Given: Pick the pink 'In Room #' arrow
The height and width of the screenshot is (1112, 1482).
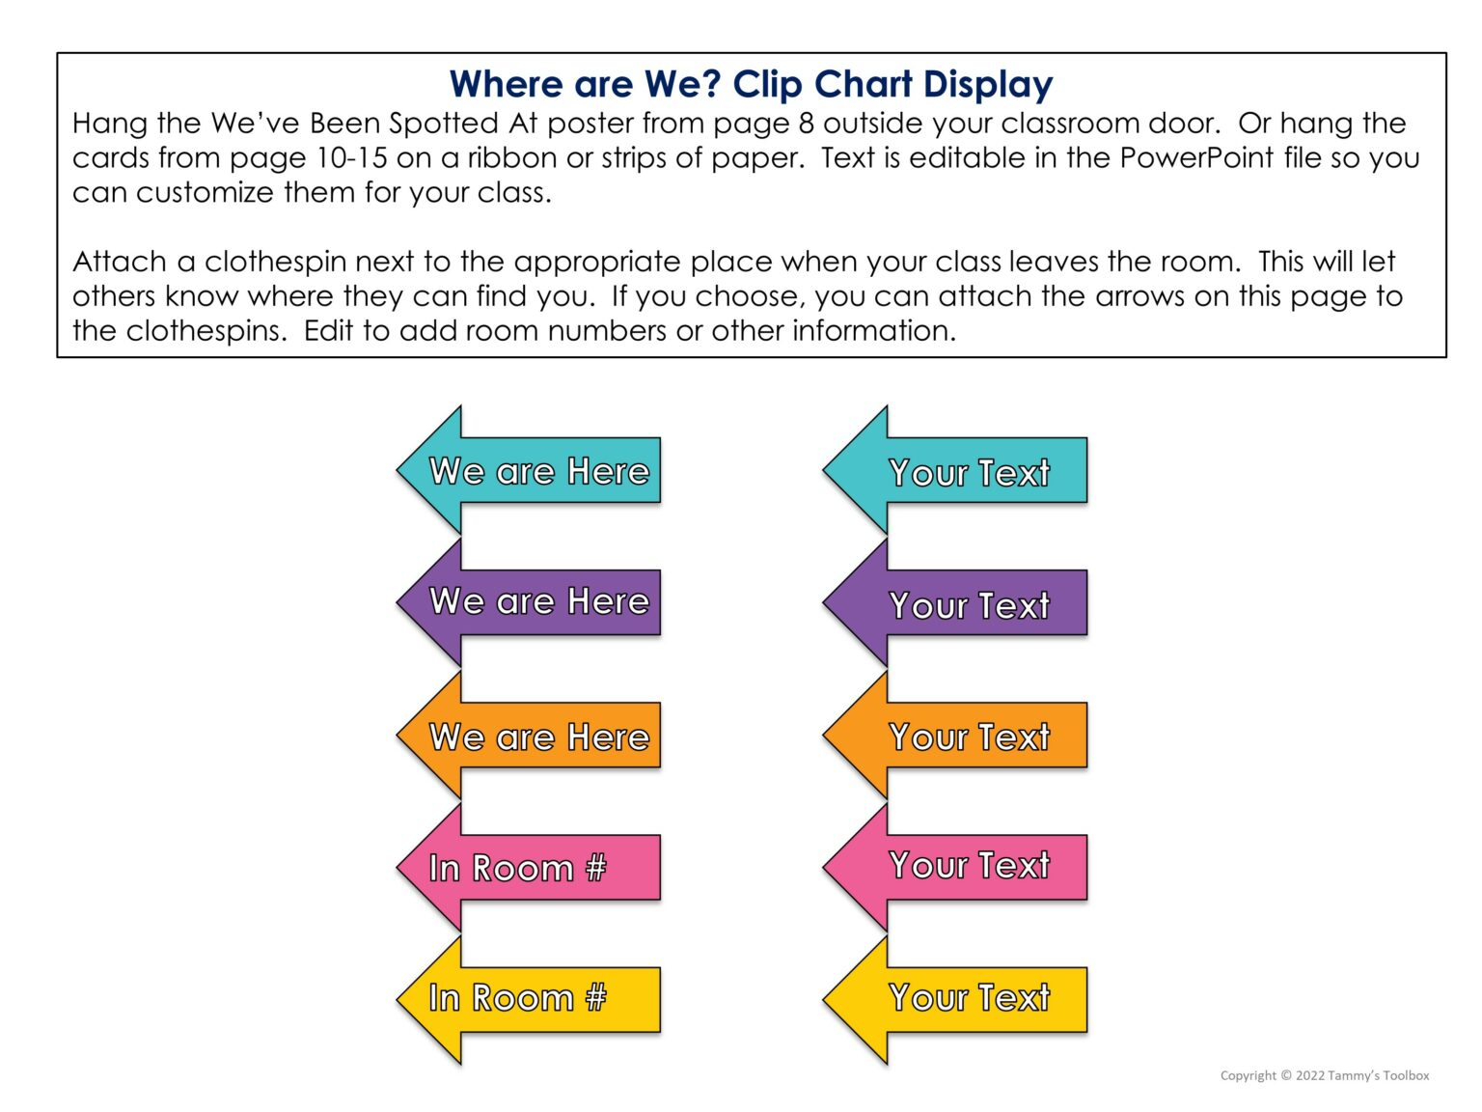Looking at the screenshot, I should click(529, 868).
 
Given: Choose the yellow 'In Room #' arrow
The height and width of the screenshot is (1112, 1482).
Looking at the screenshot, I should click(529, 999).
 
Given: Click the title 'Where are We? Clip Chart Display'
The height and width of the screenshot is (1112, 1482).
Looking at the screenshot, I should click(751, 84).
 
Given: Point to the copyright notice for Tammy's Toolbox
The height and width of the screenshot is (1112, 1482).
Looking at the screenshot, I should click(1324, 1075).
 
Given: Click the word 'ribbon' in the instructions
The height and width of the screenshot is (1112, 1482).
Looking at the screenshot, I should click(511, 157).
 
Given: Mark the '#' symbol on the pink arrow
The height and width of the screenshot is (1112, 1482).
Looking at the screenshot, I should click(595, 868).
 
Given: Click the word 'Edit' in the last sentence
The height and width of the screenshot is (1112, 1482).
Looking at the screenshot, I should click(328, 331).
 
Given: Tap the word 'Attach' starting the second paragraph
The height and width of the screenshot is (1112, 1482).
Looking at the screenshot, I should click(120, 262).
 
